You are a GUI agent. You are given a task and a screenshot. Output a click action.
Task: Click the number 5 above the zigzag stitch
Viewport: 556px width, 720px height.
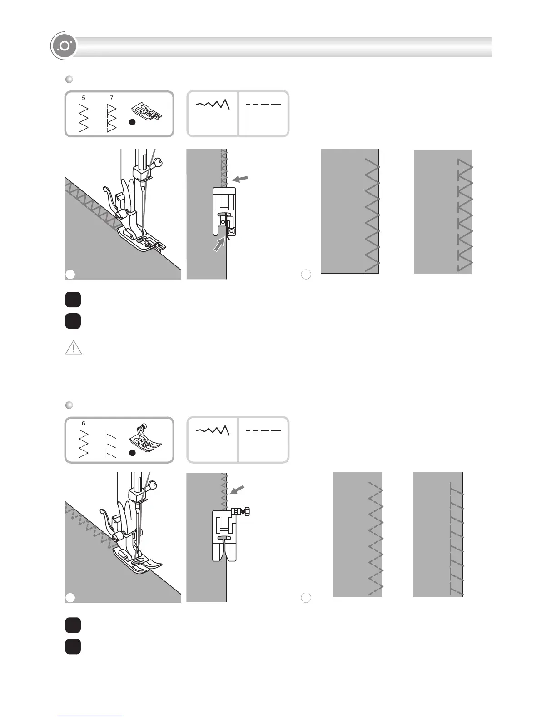(x=84, y=98)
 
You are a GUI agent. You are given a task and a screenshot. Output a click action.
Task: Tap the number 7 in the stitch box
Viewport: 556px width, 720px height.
(x=112, y=98)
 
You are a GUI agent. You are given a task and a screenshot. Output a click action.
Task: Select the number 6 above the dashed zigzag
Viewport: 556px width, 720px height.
(x=84, y=423)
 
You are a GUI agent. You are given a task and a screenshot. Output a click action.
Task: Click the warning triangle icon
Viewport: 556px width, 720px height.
(x=74, y=348)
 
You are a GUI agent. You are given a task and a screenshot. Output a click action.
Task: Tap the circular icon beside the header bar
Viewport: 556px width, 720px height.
(x=64, y=46)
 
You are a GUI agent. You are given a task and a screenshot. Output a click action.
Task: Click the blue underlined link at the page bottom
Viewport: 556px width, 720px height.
(x=90, y=716)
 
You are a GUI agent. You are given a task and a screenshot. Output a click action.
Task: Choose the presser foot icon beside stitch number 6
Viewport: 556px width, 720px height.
(x=145, y=437)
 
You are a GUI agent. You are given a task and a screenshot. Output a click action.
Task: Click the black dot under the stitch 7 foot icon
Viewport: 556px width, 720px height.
(x=132, y=123)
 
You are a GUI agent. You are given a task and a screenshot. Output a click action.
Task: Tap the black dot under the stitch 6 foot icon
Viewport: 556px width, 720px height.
(x=132, y=453)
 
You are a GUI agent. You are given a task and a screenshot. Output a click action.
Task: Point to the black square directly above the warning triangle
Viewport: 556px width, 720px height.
(x=73, y=321)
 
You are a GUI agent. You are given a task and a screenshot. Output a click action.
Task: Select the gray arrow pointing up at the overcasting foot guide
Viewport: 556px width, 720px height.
(x=219, y=246)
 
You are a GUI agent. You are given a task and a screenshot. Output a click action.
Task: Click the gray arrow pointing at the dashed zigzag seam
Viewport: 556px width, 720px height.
(x=237, y=490)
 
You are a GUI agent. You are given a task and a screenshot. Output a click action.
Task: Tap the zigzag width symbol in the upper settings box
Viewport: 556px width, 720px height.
(x=213, y=105)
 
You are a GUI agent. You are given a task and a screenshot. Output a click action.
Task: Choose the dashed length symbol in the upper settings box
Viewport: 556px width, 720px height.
(x=263, y=105)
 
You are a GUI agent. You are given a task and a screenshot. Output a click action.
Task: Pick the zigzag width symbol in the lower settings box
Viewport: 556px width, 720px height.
(x=213, y=430)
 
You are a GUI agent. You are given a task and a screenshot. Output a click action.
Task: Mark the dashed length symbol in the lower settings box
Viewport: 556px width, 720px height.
(x=263, y=430)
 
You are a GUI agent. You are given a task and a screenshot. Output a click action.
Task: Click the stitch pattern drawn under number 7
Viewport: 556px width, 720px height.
(x=111, y=118)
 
